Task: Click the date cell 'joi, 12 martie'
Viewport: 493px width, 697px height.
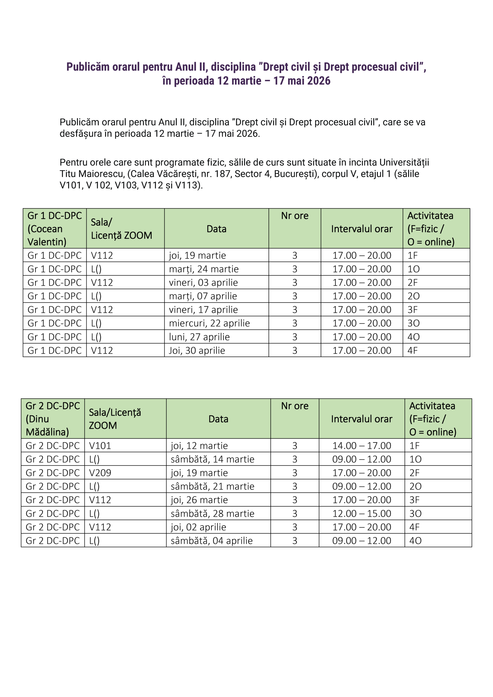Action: pyautogui.click(x=199, y=446)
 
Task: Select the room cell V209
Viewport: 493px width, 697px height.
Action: pyautogui.click(x=100, y=473)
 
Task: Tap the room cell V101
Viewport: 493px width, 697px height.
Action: pyautogui.click(x=100, y=446)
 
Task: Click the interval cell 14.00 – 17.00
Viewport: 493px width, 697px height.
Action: pyautogui.click(x=362, y=446)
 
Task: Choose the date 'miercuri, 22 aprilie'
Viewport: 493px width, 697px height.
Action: pyautogui.click(x=209, y=323)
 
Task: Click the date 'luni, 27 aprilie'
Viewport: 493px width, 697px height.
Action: pyautogui.click(x=199, y=337)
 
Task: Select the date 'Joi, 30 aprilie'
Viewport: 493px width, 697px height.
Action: pyautogui.click(x=197, y=350)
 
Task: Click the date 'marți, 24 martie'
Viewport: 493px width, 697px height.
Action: pyautogui.click(x=204, y=269)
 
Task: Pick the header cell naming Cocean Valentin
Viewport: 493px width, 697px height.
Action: pyautogui.click(x=55, y=229)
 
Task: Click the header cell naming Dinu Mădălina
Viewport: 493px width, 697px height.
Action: pyautogui.click(x=53, y=419)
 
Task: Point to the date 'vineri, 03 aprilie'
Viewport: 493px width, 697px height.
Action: pyautogui.click(x=203, y=282)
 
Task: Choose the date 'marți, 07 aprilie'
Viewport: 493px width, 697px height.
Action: pyautogui.click(x=203, y=296)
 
